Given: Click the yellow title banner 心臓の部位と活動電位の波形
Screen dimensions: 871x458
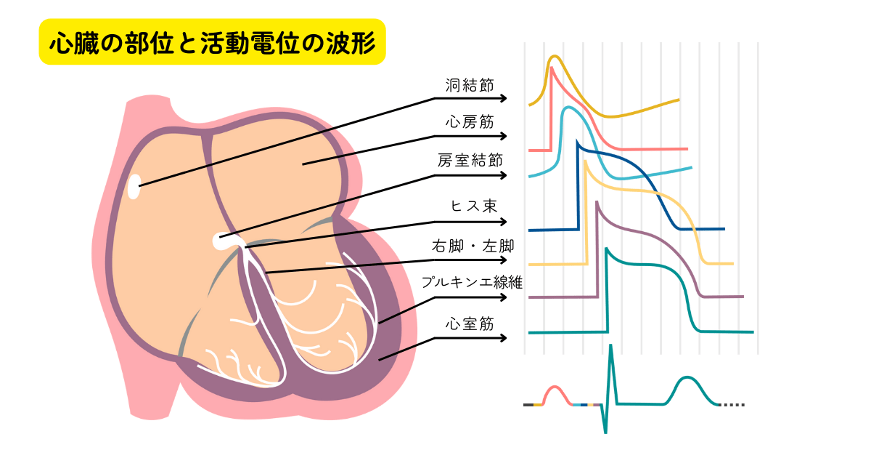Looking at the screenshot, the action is coord(212,41).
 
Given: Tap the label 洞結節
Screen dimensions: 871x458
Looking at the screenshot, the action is coord(470,85).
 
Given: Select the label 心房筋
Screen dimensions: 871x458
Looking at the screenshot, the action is coord(470,122).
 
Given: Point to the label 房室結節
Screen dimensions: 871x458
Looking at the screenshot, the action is coord(470,160).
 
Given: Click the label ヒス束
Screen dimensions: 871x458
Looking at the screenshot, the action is coord(473,206).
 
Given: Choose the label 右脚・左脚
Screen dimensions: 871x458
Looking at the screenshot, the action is coord(473,246).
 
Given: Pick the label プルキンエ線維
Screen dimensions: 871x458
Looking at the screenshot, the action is coord(472,282).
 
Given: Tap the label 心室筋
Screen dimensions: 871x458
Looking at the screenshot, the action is coord(470,324).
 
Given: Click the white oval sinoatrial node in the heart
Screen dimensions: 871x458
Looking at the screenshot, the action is coord(134,187).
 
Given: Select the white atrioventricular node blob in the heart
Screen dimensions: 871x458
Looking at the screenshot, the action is coord(221,241).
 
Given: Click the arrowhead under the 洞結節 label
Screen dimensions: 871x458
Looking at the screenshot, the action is coord(504,99).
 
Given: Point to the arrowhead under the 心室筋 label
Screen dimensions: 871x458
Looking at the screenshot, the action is coord(504,337).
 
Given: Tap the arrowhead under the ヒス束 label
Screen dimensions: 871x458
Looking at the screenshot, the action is coord(504,222).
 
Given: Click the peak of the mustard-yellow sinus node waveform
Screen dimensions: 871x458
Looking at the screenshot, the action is coord(555,57).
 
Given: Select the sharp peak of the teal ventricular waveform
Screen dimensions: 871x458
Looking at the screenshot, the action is coord(607,249).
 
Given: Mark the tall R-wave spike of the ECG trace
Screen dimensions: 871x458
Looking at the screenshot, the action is coord(611,345).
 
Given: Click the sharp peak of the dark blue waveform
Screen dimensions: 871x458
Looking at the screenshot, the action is coord(578,141).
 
